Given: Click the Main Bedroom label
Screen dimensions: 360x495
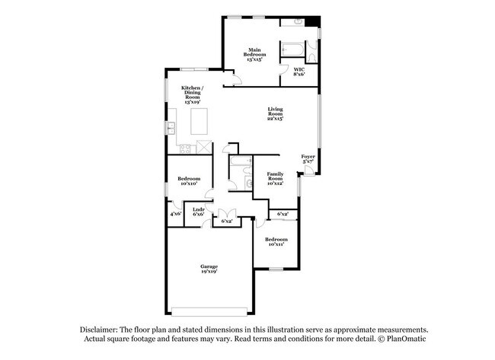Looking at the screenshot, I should tap(254, 55).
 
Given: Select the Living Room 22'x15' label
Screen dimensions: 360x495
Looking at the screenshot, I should tap(275, 114).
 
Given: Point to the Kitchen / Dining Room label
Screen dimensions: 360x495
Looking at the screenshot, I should tap(191, 94).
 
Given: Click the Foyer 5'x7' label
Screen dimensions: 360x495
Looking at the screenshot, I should tap(308, 158).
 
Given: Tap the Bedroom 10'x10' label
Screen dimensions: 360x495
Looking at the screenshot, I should tap(188, 181).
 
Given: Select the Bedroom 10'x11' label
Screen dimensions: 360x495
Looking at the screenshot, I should tap(276, 241).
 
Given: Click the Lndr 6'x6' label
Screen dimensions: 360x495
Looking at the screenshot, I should tap(198, 212).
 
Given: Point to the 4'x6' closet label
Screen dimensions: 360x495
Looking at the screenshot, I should tap(176, 214).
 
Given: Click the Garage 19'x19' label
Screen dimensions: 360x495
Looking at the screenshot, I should tap(209, 268).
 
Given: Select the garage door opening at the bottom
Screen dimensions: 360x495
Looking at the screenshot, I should tap(209, 309).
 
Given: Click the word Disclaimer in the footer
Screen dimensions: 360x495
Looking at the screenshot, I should tap(104, 329).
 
